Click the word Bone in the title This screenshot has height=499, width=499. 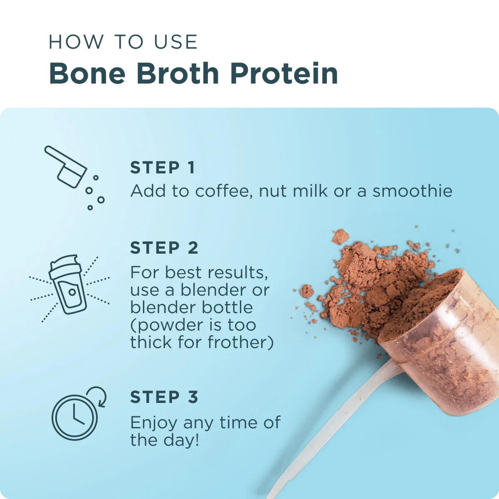[87, 74]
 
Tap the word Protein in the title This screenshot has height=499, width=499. [284, 74]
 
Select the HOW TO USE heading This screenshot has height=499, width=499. [123, 42]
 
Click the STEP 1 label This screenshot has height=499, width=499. [162, 168]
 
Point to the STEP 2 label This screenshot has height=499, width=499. [164, 248]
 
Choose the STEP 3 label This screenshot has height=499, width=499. [164, 397]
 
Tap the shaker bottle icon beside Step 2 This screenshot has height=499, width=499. [69, 285]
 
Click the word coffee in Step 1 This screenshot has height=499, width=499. [223, 191]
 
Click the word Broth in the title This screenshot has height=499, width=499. [178, 74]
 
